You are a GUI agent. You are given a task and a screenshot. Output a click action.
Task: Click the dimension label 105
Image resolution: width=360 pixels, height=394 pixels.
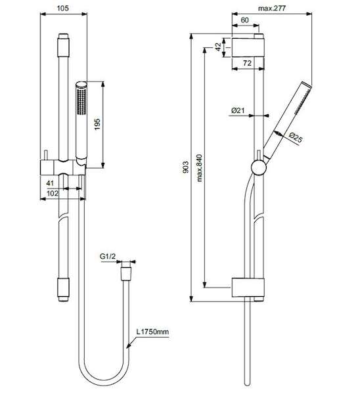pos(62,8)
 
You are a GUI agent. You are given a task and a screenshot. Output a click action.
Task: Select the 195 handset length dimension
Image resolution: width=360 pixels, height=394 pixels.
pos(97,124)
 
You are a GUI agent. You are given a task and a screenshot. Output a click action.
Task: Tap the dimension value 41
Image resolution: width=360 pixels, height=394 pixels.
pos(50,183)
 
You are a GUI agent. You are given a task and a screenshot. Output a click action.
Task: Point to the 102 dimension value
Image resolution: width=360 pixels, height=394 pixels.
pos(53,193)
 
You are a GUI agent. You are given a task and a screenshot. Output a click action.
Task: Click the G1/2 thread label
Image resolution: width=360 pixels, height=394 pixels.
pos(108,256)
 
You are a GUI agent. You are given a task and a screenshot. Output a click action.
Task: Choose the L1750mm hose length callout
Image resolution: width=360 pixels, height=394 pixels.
pos(152,332)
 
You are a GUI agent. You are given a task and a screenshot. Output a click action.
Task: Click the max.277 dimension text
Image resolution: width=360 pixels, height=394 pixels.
pos(272,8)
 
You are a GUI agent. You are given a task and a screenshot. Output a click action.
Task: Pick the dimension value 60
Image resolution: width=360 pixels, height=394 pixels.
pos(244,20)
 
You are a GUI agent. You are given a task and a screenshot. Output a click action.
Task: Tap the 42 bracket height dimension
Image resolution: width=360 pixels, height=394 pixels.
pos(218,47)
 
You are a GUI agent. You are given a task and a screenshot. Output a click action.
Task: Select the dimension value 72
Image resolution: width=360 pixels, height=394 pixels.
pos(247,63)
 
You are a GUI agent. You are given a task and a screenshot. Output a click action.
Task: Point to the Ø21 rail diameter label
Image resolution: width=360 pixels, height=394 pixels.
pos(238,110)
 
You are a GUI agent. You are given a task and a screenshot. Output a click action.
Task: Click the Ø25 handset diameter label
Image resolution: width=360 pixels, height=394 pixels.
pos(296,137)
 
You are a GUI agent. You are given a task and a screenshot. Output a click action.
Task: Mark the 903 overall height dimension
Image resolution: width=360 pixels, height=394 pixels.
pos(185,167)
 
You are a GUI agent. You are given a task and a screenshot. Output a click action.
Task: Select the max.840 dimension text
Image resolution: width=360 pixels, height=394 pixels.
pos(199,168)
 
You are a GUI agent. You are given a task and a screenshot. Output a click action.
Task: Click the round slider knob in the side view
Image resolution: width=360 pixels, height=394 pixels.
pos(258,167)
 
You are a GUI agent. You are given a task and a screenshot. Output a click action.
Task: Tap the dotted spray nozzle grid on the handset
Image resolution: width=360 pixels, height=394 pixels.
pos(81,102)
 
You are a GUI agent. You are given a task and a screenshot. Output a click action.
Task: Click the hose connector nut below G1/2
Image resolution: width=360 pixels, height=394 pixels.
pos(126,274)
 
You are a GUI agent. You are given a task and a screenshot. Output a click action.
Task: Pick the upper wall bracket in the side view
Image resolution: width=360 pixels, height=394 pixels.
pos(248,47)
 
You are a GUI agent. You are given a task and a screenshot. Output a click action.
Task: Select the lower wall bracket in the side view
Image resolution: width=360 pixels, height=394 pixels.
pos(248,288)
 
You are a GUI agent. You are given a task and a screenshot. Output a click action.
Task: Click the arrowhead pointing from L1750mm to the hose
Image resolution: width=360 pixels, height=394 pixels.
pos(129,346)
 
